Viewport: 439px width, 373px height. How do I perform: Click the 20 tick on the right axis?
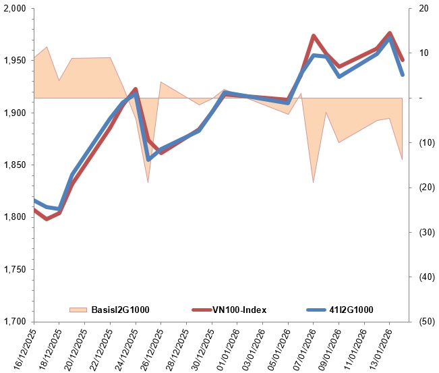pyautogui.click(x=423, y=9)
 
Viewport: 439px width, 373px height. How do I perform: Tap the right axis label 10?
pyautogui.click(x=423, y=53)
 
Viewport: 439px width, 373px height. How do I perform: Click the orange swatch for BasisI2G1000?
pyautogui.click(x=79, y=310)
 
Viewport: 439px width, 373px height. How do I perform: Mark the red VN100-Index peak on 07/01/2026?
pyautogui.click(x=314, y=36)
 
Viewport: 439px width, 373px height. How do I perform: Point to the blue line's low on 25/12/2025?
pyautogui.click(x=148, y=160)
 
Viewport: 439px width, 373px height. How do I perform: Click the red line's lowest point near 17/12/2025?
pyautogui.click(x=46, y=219)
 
